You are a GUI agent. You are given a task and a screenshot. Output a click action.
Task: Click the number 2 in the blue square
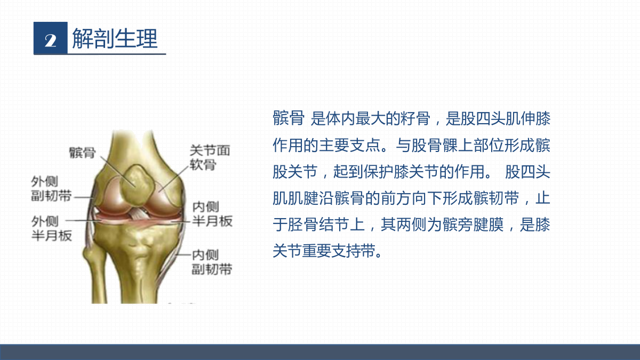click(51, 41)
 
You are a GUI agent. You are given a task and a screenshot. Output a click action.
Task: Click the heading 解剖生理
click(115, 38)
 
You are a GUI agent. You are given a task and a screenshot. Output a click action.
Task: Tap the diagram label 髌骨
click(82, 153)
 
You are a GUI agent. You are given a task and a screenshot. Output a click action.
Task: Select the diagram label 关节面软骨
click(210, 157)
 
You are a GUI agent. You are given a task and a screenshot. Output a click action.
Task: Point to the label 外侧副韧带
click(51, 189)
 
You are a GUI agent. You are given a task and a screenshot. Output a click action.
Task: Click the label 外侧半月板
click(51, 228)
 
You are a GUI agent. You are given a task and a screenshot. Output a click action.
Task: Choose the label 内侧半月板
click(212, 214)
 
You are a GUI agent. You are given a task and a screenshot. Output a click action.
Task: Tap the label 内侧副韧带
click(212, 262)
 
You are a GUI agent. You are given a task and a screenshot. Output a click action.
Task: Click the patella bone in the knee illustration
click(137, 185)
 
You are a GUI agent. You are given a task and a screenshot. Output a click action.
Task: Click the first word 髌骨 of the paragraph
click(289, 118)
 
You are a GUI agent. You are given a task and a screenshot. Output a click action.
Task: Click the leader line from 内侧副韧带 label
click(183, 254)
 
